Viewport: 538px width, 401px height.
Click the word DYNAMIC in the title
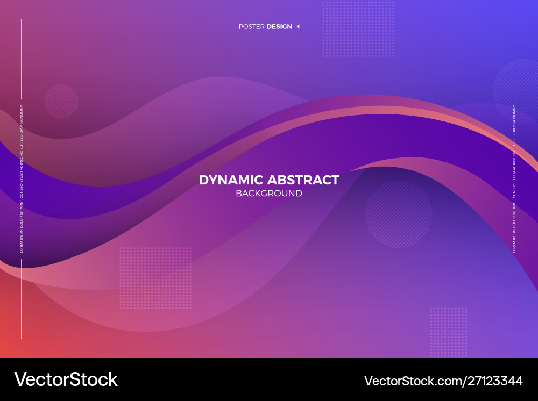click(x=231, y=180)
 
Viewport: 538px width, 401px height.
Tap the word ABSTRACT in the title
click(x=303, y=180)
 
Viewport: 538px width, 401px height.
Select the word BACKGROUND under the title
click(x=269, y=194)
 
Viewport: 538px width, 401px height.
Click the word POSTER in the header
click(x=251, y=27)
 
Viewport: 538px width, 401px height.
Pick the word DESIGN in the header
click(x=279, y=27)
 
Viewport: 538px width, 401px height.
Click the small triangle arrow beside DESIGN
click(x=298, y=26)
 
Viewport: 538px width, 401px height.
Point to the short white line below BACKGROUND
click(x=269, y=216)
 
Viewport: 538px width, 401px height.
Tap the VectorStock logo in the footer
click(x=66, y=379)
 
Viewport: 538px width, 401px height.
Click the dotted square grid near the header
click(x=358, y=29)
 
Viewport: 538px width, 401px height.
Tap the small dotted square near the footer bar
click(x=448, y=332)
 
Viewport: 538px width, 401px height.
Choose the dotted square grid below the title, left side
click(x=155, y=278)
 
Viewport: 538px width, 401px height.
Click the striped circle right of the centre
click(x=398, y=214)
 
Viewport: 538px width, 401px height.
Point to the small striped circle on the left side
click(x=61, y=101)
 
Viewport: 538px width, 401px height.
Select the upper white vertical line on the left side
click(x=22, y=59)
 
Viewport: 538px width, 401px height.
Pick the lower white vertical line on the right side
click(x=514, y=298)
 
